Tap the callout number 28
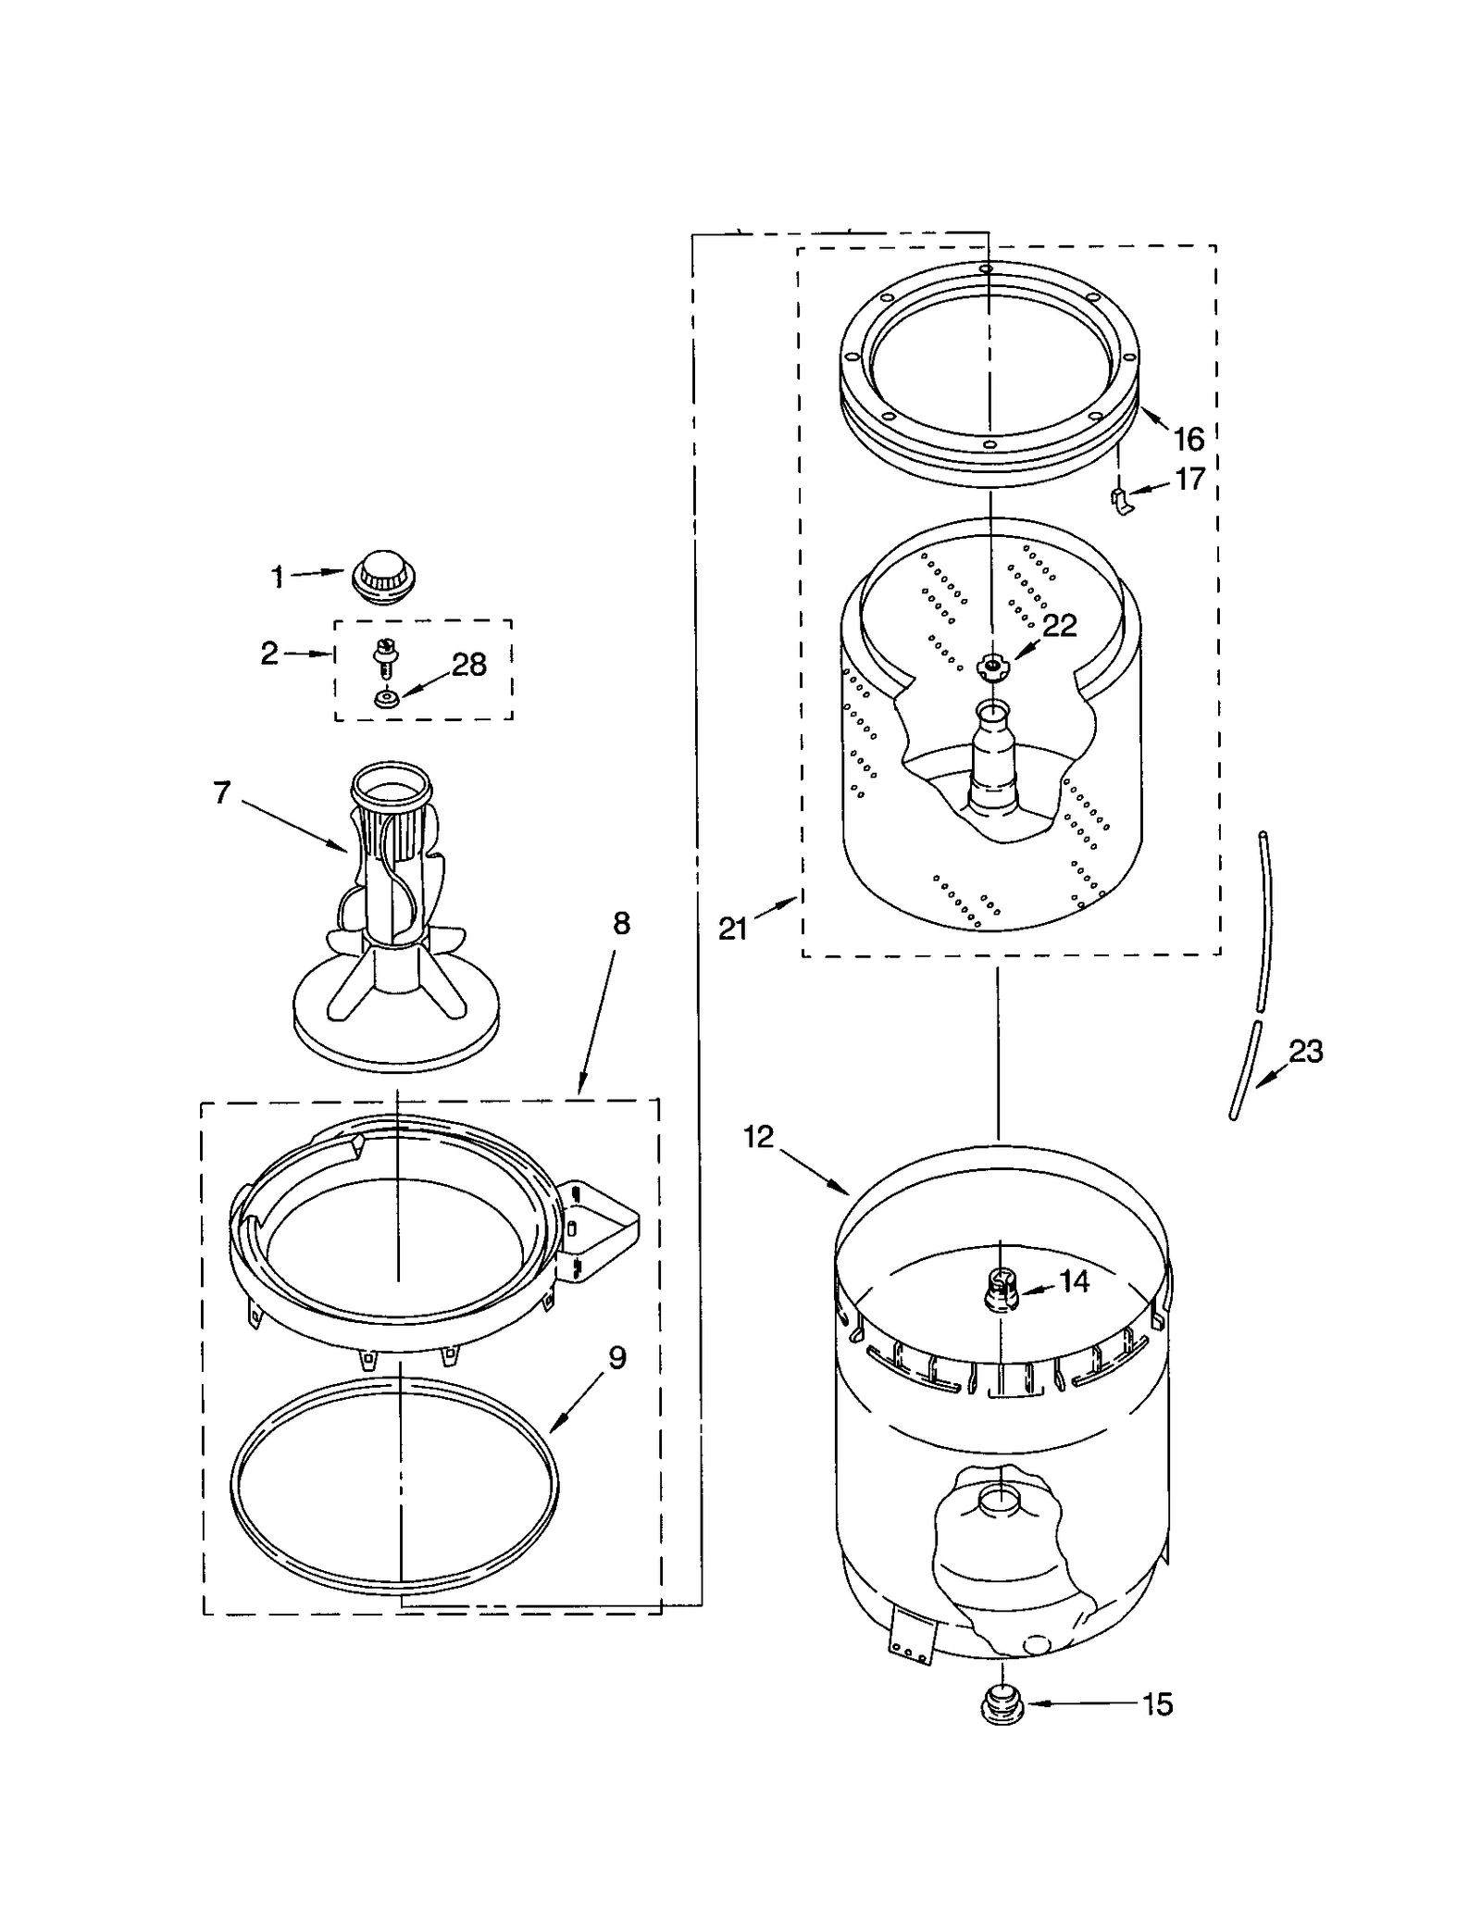[x=468, y=665]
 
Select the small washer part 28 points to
[x=387, y=699]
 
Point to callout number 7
[x=221, y=793]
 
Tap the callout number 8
[x=621, y=923]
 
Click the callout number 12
[x=758, y=1137]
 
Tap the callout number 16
[x=1189, y=438]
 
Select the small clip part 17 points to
[x=1120, y=501]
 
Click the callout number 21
[x=733, y=929]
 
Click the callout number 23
[x=1305, y=1052]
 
